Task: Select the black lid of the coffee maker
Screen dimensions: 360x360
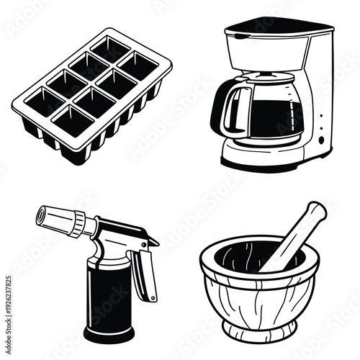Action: click(279, 27)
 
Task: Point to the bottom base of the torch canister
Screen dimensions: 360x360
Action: click(108, 334)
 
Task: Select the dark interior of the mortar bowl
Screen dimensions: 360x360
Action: click(238, 256)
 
